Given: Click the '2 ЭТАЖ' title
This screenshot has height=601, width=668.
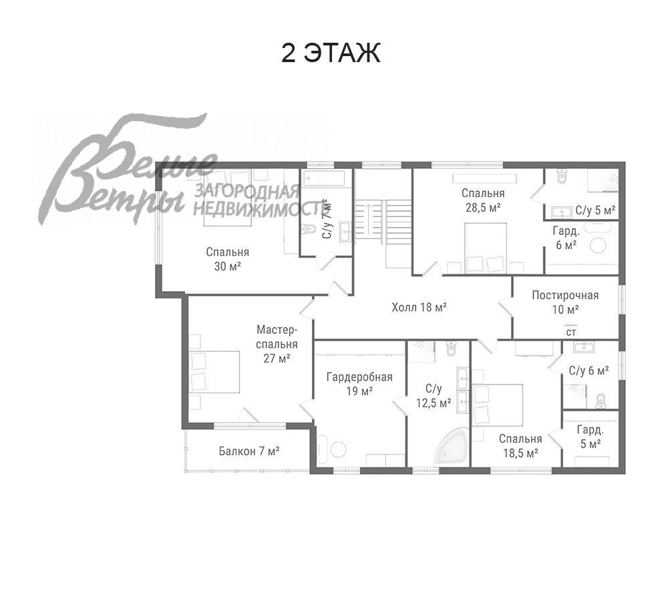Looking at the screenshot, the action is (x=330, y=53).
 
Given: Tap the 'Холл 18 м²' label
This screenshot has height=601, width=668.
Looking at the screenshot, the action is (x=420, y=307).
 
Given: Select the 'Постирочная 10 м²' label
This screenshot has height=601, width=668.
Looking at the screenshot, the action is (x=565, y=302).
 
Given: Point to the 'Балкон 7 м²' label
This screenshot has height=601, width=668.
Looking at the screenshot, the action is (x=249, y=451).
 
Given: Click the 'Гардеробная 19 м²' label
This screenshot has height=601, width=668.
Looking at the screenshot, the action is (x=359, y=384).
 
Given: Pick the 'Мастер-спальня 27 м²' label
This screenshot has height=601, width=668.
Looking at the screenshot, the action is (x=277, y=344).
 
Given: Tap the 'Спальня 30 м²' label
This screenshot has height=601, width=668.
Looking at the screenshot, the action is (x=228, y=259).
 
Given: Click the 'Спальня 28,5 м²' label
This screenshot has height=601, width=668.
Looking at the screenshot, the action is (x=483, y=200).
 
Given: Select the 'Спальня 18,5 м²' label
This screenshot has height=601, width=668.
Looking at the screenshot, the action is (x=520, y=445).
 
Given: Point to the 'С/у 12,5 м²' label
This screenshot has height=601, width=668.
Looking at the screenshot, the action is (x=434, y=396).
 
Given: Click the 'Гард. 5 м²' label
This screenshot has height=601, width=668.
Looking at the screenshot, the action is (x=590, y=437).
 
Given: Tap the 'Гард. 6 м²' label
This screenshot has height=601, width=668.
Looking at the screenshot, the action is (x=566, y=238).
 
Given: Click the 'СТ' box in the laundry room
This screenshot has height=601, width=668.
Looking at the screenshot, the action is (x=571, y=331).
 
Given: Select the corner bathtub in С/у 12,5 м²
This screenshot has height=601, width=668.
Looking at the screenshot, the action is (x=451, y=450).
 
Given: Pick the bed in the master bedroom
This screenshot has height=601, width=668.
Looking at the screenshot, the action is (x=214, y=372).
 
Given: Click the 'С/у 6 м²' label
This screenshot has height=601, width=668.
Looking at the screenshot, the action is (x=589, y=371).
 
